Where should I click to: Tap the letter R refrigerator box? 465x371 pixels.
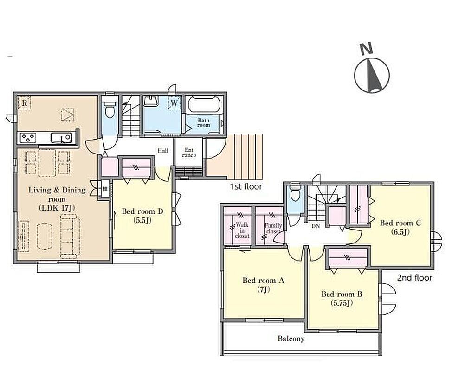pos(25,103)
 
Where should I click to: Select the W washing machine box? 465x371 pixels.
pos(174,103)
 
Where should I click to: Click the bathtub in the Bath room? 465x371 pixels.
pos(204,104)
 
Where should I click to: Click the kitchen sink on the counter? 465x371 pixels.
pos(61,137)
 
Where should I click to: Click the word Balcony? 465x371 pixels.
pos(291,339)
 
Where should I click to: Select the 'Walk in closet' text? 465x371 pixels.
pos(242,230)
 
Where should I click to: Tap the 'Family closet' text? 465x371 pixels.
pos(273,228)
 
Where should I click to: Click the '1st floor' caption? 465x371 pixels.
pos(246,187)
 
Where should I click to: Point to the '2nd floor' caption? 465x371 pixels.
pos(414,278)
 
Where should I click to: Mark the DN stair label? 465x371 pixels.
pos(316,226)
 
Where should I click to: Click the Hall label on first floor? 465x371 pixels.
pos(163,151)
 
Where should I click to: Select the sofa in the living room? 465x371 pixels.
pos(70,236)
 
